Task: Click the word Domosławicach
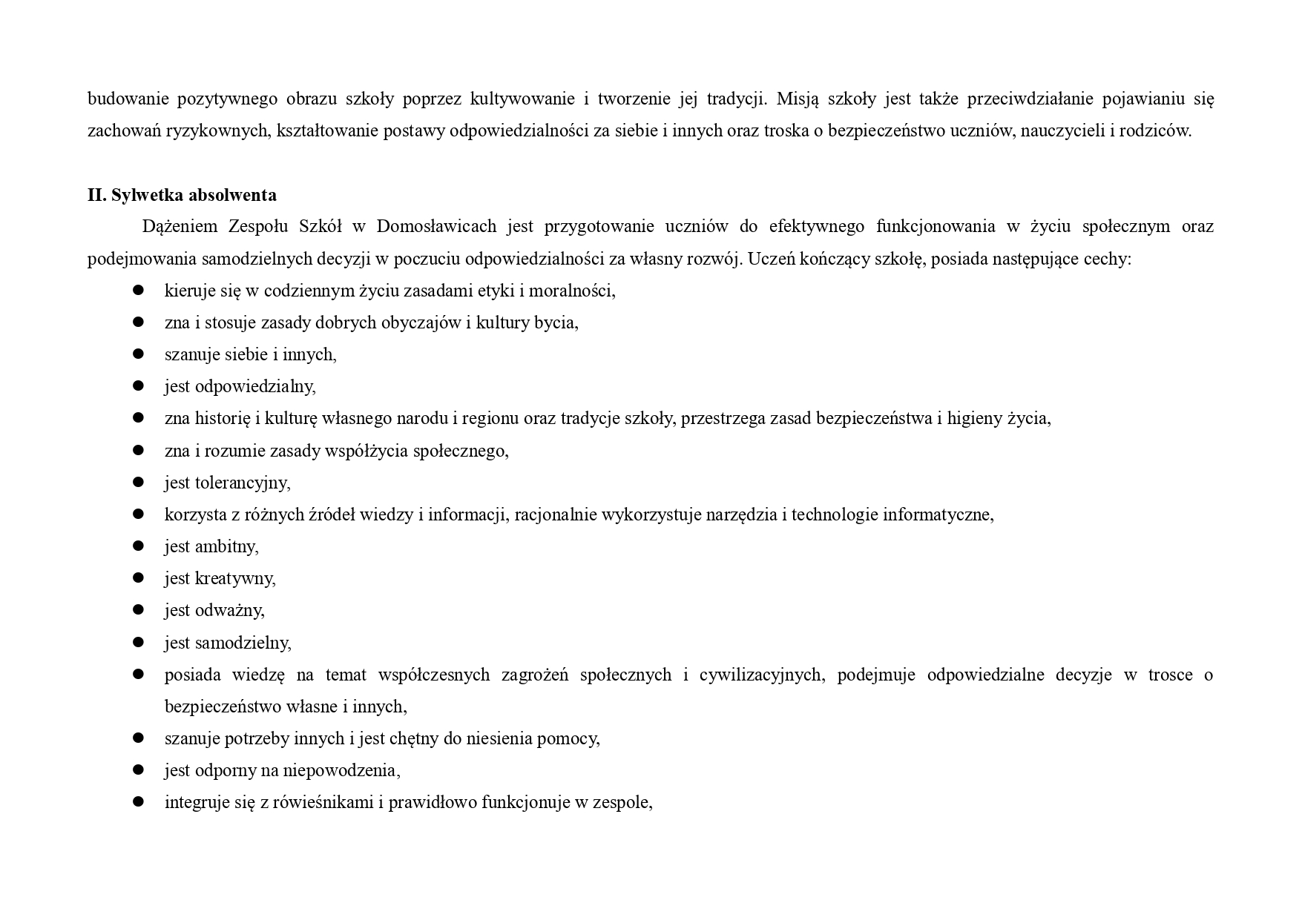tap(436, 227)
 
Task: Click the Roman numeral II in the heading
tap(96, 195)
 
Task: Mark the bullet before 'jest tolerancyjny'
tap(138, 482)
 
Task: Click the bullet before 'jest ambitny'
tap(138, 546)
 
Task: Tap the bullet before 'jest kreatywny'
tap(138, 578)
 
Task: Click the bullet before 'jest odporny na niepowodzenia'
tap(138, 770)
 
